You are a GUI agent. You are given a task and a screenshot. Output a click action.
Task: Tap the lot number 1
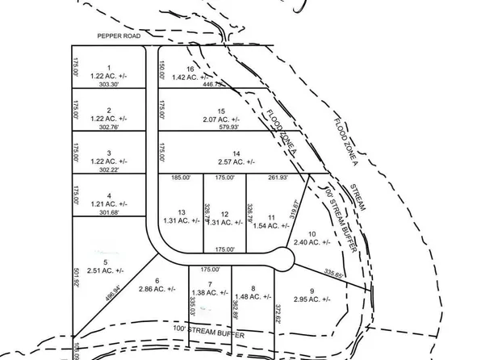tap(107, 68)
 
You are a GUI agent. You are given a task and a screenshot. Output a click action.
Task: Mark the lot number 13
tap(182, 211)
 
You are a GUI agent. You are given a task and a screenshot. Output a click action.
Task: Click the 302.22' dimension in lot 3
tap(107, 170)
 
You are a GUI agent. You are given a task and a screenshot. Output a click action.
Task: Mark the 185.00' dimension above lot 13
tap(181, 178)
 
